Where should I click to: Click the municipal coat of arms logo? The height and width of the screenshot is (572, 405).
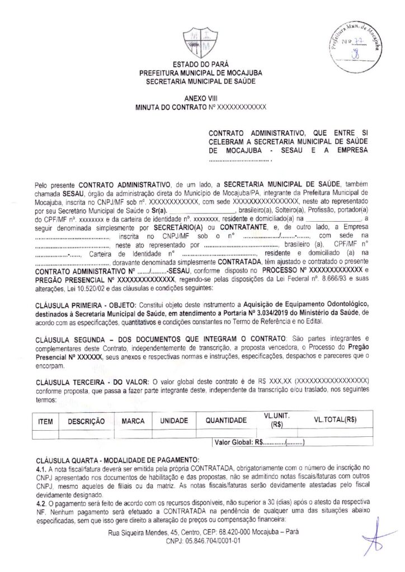pos(200,42)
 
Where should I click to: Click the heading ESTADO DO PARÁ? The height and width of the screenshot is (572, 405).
pos(200,64)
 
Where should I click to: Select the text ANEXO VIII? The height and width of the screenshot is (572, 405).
pos(200,97)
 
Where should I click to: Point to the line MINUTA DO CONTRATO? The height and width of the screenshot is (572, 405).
pos(200,106)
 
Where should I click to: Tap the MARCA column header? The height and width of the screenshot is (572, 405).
pos(133,421)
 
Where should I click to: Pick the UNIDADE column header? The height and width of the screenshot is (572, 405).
pos(174,421)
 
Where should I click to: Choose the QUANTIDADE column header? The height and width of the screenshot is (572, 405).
pos(225,421)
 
